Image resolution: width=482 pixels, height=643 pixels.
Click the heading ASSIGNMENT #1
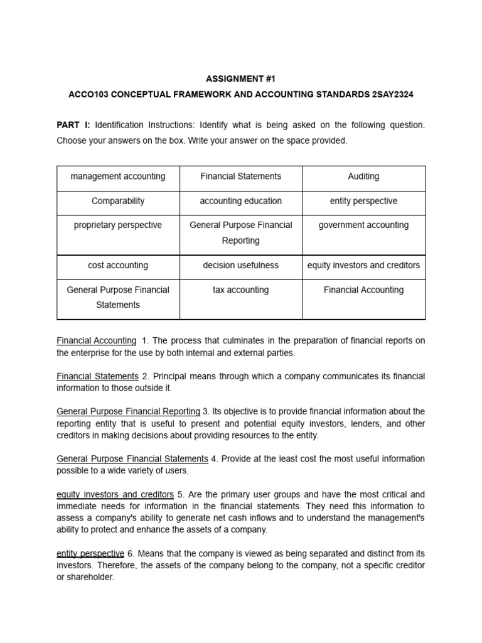(x=241, y=79)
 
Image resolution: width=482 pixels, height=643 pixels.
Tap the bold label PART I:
(x=73, y=126)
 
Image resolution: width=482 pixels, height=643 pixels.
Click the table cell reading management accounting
(x=118, y=176)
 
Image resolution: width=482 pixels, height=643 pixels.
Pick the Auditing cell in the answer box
(x=363, y=176)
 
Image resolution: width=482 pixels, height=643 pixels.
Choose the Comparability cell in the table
(x=118, y=201)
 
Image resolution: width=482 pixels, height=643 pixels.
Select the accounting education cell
(x=241, y=201)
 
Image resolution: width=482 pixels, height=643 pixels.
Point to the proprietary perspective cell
(x=118, y=225)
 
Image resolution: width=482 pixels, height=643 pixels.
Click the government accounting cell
(x=363, y=225)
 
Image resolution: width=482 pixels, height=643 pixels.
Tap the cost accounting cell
(x=118, y=265)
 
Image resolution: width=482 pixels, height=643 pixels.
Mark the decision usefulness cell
(x=241, y=265)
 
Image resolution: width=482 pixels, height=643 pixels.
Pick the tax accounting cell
(x=241, y=290)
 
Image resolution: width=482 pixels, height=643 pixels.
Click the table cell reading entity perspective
(x=363, y=201)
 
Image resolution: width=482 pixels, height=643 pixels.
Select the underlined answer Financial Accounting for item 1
(x=97, y=340)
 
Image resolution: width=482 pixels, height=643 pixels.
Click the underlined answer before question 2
(x=97, y=376)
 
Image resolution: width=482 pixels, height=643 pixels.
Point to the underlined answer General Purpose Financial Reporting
(x=128, y=411)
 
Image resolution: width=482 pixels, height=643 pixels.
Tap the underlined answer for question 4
(x=132, y=459)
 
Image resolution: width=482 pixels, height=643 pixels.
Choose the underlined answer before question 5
(x=115, y=495)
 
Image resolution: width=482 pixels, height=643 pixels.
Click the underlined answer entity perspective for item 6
(x=90, y=553)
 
